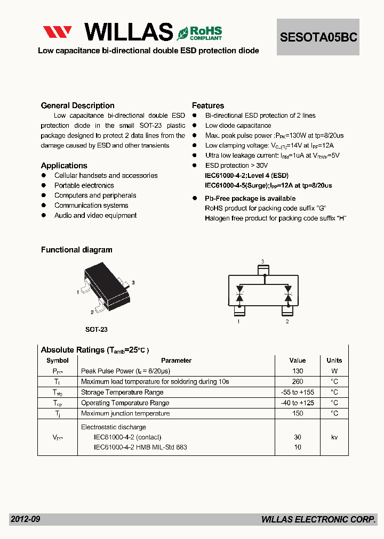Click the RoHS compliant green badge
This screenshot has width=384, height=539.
coord(199,33)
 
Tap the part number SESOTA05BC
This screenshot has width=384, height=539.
coord(318,37)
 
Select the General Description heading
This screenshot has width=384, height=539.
coord(78,105)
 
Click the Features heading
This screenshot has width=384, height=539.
coord(208,105)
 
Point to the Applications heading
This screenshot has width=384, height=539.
coord(64,166)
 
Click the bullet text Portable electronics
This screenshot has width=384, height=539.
coord(84,185)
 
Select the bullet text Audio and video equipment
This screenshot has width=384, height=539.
coord(95,216)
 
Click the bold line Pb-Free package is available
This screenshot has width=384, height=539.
coord(250,198)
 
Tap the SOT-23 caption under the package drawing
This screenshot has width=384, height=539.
coord(97,330)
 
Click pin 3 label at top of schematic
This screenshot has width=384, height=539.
coord(262,262)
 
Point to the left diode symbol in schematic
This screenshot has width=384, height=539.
coord(239,295)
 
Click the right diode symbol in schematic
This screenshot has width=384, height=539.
coord(288,295)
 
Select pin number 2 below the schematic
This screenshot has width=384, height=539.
coord(287,322)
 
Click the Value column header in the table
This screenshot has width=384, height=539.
coord(298,361)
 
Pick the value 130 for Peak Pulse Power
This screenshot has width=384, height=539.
coord(298,371)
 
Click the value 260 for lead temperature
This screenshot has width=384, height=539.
coord(298,381)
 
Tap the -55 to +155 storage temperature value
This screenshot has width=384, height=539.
coord(298,393)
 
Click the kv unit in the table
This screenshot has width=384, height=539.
coord(334,437)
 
